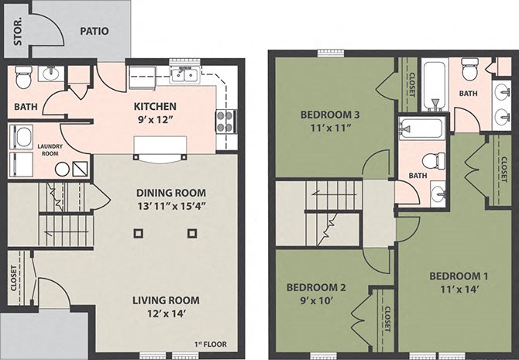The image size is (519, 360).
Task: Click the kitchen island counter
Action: (x=162, y=146)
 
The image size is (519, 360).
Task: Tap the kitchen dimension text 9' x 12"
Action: (x=155, y=120)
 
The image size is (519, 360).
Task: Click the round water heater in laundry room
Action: (x=60, y=168)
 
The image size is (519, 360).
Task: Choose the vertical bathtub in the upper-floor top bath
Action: (x=434, y=85)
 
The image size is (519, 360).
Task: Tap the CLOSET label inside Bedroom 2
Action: (x=387, y=321)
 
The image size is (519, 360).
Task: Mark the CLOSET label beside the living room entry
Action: (x=14, y=279)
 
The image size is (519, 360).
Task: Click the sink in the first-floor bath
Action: (x=51, y=74)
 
